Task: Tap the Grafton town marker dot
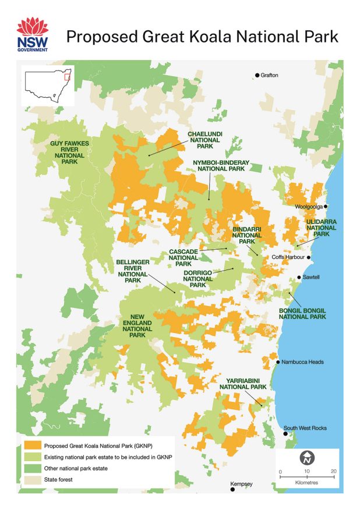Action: tap(257, 75)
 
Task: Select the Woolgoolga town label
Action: tap(308, 206)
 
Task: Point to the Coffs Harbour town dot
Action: tap(309, 257)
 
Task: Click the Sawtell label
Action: tap(312, 278)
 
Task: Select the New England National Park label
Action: tap(137, 326)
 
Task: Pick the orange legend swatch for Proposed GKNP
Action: tap(33, 445)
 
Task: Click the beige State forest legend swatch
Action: tap(33, 479)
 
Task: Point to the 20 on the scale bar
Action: tap(333, 471)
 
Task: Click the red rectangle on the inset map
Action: tap(67, 77)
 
